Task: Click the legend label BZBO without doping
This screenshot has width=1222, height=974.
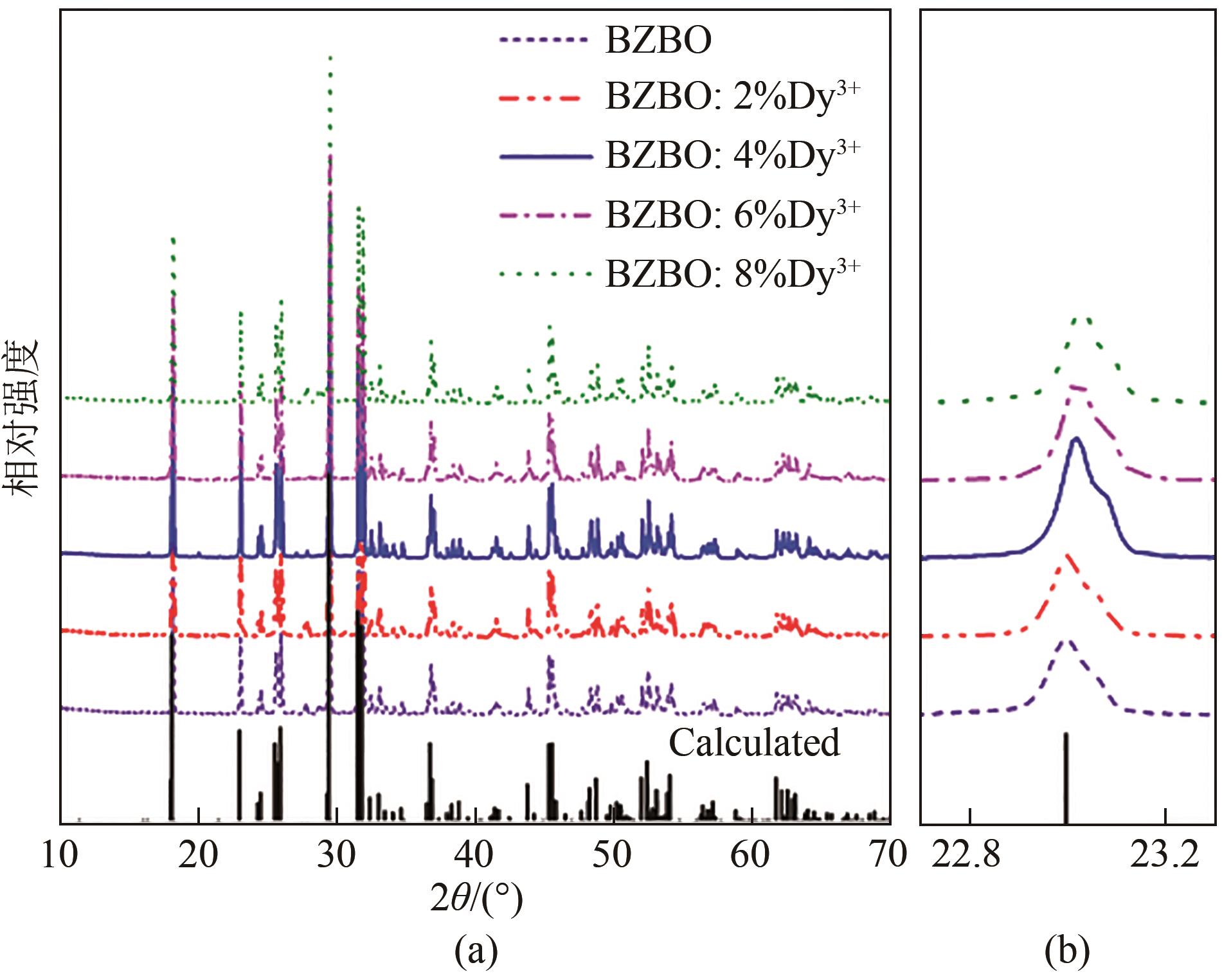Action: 658,40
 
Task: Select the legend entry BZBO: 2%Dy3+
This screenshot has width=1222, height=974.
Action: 732,97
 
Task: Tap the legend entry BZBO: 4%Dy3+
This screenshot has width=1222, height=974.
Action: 732,155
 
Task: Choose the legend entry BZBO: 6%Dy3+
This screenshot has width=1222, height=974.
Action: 732,214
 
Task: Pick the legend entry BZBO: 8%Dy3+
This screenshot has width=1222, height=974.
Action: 732,274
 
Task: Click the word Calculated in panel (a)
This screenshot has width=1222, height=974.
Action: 754,743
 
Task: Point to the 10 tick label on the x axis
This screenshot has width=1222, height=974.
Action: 60,855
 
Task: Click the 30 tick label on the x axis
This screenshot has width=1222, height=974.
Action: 336,855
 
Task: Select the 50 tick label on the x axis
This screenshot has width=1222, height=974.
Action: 611,855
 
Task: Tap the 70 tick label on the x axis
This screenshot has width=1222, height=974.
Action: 887,855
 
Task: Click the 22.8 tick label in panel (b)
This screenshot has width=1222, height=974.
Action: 966,855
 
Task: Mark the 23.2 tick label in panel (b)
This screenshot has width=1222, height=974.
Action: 1165,855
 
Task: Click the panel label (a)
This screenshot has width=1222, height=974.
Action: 476,950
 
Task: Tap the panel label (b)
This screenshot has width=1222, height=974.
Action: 1067,950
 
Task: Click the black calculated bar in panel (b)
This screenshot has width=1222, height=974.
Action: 1066,778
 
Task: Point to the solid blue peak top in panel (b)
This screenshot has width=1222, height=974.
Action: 1076,439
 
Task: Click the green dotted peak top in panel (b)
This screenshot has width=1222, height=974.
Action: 1082,319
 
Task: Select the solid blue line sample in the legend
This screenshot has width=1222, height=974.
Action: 545,156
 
